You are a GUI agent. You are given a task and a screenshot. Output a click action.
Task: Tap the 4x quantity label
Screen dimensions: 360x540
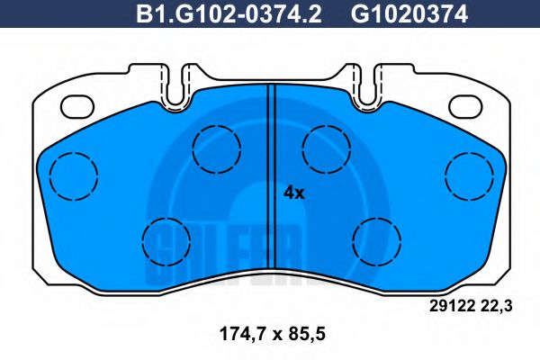[294, 192]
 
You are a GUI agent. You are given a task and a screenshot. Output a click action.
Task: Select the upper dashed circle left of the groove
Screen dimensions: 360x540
[216, 144]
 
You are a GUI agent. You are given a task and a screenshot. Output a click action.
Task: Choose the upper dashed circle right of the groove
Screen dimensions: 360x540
[325, 144]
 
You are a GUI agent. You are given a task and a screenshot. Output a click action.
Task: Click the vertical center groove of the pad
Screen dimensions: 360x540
[269, 180]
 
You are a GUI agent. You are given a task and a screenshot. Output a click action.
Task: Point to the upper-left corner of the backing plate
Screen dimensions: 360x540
[40, 99]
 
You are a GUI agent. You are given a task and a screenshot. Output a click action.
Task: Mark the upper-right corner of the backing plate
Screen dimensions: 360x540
[499, 99]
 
